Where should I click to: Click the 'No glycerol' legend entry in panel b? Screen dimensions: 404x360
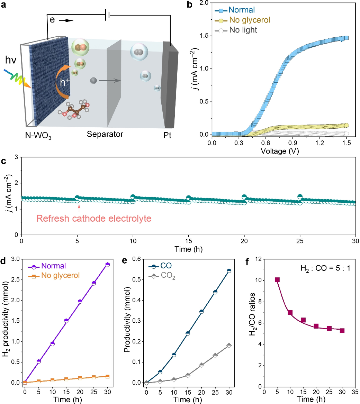[249, 20]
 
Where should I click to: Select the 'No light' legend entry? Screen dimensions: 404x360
[243, 30]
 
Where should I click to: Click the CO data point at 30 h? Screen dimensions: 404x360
[229, 271]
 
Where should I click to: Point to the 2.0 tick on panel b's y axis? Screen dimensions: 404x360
[203, 3]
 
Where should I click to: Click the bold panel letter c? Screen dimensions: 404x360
[3, 161]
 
